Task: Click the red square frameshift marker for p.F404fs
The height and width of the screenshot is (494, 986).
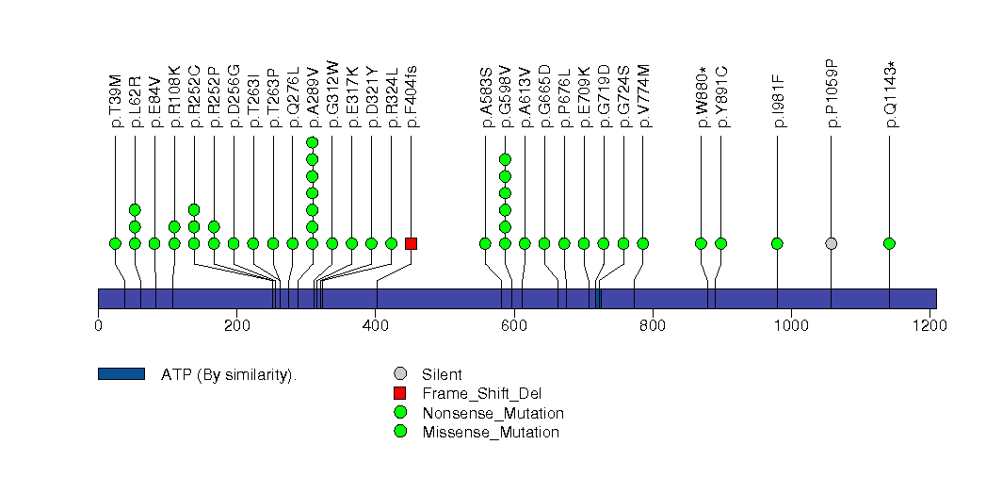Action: pyautogui.click(x=411, y=243)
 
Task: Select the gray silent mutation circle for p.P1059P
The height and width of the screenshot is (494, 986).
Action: pyautogui.click(x=831, y=243)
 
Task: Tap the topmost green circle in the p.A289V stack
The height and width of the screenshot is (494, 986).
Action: pyautogui.click(x=313, y=142)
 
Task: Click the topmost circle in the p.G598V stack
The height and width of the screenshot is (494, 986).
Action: pyautogui.click(x=505, y=159)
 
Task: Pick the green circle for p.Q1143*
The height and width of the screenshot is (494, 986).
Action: pyautogui.click(x=889, y=243)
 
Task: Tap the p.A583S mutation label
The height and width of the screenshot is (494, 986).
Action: pyautogui.click(x=486, y=97)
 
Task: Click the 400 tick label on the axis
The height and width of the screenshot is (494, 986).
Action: pyautogui.click(x=375, y=326)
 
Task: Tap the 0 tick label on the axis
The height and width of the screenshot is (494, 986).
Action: pyautogui.click(x=98, y=326)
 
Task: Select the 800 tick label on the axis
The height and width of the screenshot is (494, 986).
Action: pyautogui.click(x=653, y=326)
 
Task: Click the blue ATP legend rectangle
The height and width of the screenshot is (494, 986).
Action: pyautogui.click(x=121, y=374)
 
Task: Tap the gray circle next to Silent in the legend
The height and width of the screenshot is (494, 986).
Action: pyautogui.click(x=400, y=374)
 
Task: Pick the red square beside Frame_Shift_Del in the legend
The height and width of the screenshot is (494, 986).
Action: pyautogui.click(x=400, y=393)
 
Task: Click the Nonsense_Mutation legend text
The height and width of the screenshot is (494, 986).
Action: pyautogui.click(x=493, y=413)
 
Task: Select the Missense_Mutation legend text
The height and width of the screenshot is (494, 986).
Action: pyautogui.click(x=490, y=432)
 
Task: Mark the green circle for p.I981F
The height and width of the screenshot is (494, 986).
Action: pyautogui.click(x=777, y=243)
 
